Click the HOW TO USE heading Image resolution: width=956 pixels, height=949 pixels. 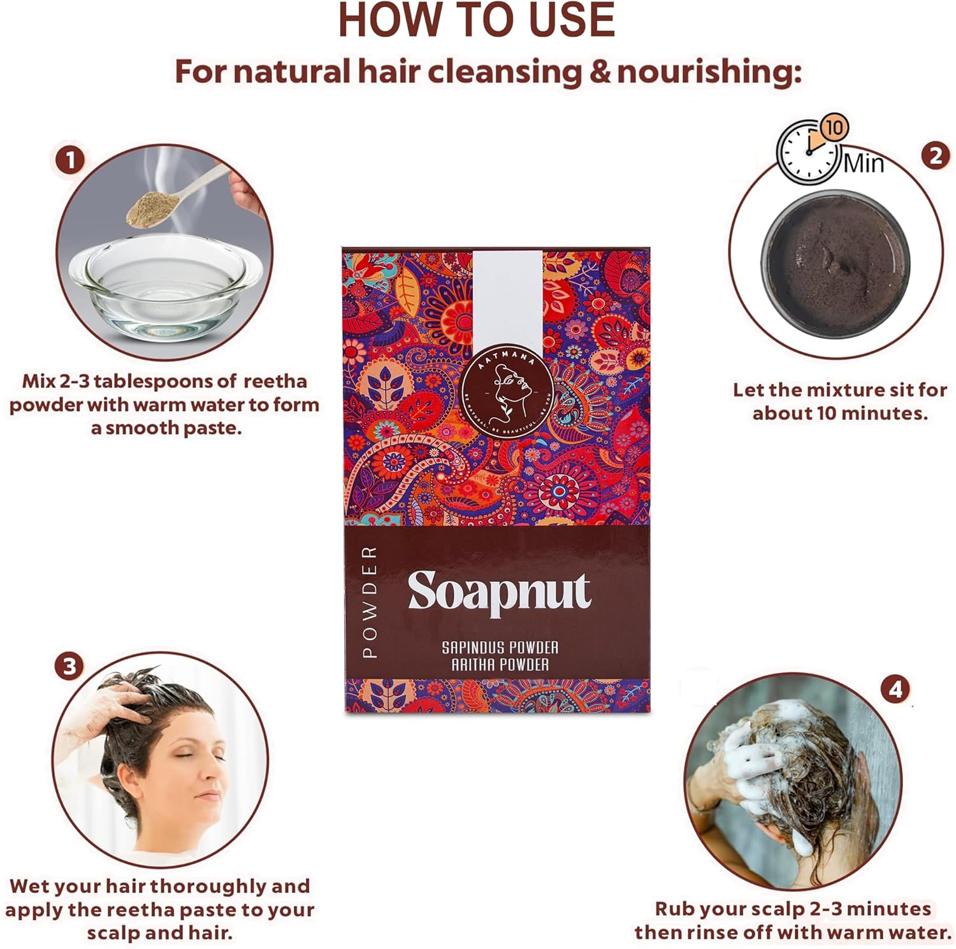(476, 20)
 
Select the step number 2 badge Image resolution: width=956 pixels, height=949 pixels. (936, 156)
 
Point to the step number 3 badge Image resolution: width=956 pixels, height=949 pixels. (69, 667)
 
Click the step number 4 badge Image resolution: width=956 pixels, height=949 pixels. (895, 690)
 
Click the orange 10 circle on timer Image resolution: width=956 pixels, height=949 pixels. (834, 127)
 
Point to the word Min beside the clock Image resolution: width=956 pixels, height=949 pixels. (864, 164)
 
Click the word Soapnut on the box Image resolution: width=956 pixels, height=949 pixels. (499, 592)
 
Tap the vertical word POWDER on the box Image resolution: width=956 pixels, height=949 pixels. (370, 602)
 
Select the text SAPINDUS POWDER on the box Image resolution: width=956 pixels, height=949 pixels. (500, 648)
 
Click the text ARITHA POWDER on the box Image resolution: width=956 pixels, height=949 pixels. (500, 665)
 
